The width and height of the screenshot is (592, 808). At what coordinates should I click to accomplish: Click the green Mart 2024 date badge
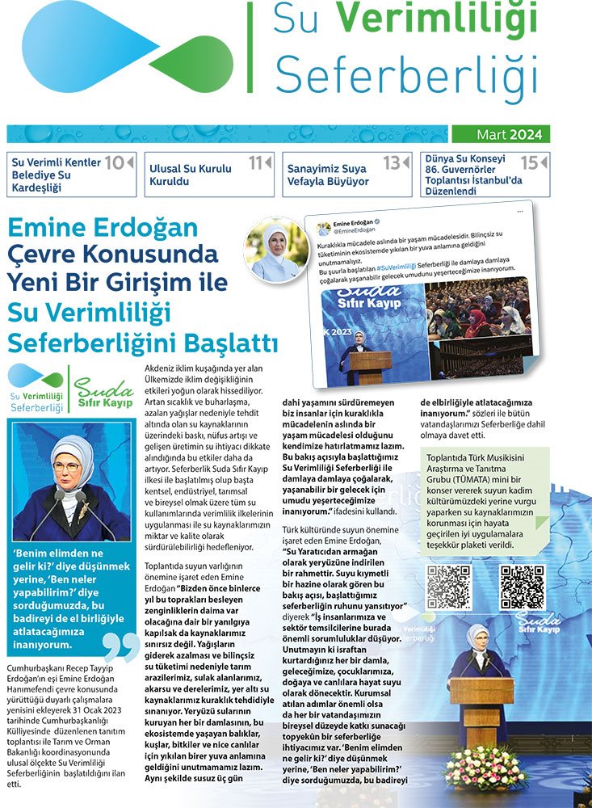(x=497, y=134)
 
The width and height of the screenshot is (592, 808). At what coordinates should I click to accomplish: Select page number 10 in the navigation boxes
(x=115, y=163)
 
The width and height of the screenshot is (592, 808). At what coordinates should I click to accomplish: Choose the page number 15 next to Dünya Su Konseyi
(x=530, y=163)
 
